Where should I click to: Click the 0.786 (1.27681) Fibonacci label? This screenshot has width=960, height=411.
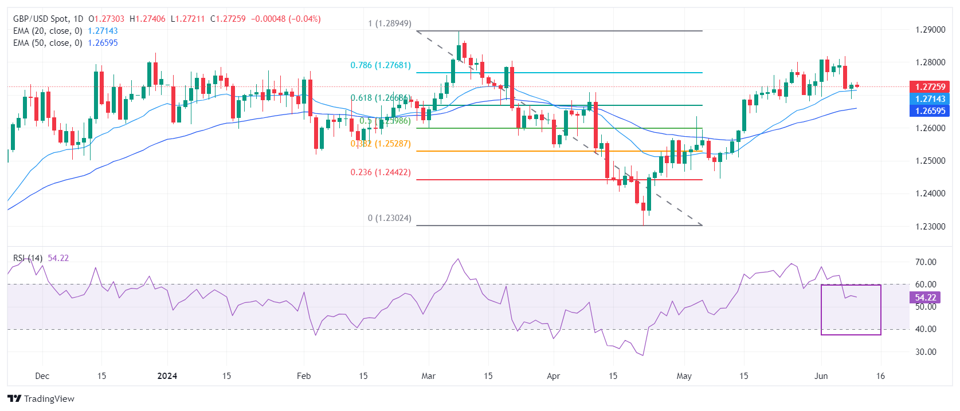(381, 65)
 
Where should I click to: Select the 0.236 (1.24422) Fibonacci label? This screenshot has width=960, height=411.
(381, 172)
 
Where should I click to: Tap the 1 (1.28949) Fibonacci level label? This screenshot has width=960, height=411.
(390, 23)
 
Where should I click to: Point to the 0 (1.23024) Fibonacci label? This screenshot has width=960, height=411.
(390, 218)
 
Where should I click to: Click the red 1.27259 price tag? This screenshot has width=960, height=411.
(930, 87)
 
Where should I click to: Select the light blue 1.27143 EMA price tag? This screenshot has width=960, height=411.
(930, 99)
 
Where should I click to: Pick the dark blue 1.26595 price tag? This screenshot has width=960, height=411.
(930, 111)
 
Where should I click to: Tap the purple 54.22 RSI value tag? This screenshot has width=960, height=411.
(925, 298)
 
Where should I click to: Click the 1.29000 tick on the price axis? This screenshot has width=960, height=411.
(930, 30)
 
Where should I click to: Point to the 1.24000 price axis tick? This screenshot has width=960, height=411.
(930, 193)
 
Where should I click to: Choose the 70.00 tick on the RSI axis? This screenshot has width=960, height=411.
(926, 262)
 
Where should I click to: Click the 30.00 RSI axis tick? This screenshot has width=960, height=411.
(926, 352)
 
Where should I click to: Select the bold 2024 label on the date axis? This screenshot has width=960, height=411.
(167, 376)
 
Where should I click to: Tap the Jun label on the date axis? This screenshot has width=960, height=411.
(821, 376)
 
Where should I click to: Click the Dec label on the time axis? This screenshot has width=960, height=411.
(42, 376)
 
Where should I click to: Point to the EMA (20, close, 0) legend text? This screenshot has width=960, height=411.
(48, 31)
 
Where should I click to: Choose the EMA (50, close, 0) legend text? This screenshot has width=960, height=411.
(48, 43)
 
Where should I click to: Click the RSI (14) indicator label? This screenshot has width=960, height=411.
(28, 258)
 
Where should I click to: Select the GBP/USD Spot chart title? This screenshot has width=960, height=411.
(48, 19)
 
